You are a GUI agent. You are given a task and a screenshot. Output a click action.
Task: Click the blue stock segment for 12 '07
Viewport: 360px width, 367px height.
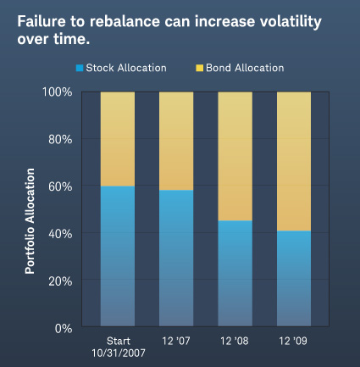(x=176, y=258)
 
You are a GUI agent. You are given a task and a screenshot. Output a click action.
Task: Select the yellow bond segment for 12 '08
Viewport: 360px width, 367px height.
(x=235, y=156)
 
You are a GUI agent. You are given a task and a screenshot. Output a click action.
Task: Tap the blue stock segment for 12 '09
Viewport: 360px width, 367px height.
(x=294, y=279)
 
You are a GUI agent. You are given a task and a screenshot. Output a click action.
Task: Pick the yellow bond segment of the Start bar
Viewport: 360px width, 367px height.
(x=118, y=139)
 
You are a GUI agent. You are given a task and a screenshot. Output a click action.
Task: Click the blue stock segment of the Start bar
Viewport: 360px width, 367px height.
(x=118, y=256)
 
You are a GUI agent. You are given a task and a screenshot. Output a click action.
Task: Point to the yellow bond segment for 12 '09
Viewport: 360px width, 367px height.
(x=294, y=161)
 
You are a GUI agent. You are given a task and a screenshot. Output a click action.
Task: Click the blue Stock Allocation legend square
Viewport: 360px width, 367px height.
(x=80, y=68)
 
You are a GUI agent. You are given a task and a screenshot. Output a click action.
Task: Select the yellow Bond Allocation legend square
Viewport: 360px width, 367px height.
(x=200, y=68)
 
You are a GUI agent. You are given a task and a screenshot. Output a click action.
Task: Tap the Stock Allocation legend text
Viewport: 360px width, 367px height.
(x=126, y=68)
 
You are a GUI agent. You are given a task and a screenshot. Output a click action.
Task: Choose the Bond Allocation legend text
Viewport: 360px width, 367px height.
(x=245, y=68)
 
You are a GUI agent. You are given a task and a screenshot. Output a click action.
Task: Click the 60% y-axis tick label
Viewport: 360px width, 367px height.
(x=60, y=186)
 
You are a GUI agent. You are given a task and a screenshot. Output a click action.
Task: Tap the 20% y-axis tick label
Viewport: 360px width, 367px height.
(x=60, y=281)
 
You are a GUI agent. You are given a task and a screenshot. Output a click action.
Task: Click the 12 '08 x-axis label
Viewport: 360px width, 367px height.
(x=235, y=341)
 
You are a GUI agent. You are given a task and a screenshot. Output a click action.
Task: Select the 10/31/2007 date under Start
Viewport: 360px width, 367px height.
(x=119, y=353)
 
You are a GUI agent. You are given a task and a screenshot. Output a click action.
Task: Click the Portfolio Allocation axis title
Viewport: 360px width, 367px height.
(x=30, y=221)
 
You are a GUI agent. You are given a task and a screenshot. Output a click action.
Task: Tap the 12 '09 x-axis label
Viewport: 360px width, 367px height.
(x=293, y=341)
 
